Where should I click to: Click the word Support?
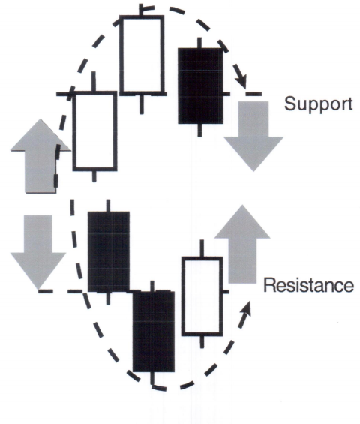pyautogui.click(x=319, y=104)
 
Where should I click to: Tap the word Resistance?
pyautogui.click(x=308, y=286)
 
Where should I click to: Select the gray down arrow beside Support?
pyautogui.click(x=253, y=136)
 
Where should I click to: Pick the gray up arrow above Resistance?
pyautogui.click(x=242, y=243)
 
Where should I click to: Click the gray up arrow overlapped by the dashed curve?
pyautogui.click(x=40, y=156)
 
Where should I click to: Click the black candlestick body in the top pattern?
pyautogui.click(x=200, y=86)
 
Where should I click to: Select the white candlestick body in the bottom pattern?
pyautogui.click(x=202, y=296)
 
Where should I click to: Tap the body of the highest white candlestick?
pyautogui.click(x=142, y=56)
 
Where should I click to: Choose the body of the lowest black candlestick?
pyautogui.click(x=154, y=331)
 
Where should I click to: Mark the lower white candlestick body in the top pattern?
pyautogui.click(x=94, y=131)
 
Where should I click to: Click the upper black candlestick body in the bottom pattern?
pyautogui.click(x=109, y=251)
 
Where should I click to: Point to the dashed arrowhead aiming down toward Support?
pyautogui.click(x=241, y=80)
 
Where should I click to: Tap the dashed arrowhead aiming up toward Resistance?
pyautogui.click(x=246, y=311)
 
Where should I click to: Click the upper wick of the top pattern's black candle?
pyautogui.click(x=199, y=43)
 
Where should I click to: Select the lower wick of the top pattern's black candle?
pyautogui.click(x=199, y=130)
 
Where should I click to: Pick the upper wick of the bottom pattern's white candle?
pyautogui.click(x=202, y=248)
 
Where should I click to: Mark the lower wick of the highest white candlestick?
pyautogui.click(x=141, y=104)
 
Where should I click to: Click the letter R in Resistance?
pyautogui.click(x=270, y=286)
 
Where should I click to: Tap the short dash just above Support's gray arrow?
pyautogui.click(x=253, y=94)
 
